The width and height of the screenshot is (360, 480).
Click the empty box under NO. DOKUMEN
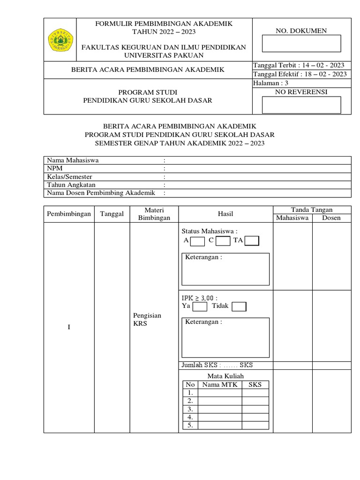(x=301, y=44)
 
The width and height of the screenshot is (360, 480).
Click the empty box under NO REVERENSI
(x=301, y=105)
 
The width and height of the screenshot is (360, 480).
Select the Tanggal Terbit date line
(x=299, y=65)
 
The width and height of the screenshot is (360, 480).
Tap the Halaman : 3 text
(x=270, y=83)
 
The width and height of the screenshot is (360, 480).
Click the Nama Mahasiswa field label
(x=72, y=160)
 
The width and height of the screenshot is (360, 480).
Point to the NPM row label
(x=54, y=168)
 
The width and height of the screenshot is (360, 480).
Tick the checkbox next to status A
(x=198, y=241)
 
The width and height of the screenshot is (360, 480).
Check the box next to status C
(x=223, y=241)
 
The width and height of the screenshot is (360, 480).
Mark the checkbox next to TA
(x=252, y=241)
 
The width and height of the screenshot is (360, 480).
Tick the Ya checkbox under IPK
(x=200, y=307)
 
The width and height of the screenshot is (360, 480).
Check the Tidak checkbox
(x=239, y=307)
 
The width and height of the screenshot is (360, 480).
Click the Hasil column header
(x=225, y=214)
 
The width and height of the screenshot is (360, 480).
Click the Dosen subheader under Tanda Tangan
(x=331, y=218)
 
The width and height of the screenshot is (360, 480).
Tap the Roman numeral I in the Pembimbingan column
(x=69, y=327)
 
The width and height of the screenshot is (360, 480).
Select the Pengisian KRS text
(x=147, y=320)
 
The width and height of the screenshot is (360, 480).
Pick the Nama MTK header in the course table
(x=219, y=385)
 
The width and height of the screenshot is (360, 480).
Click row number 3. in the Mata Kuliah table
(x=190, y=409)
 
